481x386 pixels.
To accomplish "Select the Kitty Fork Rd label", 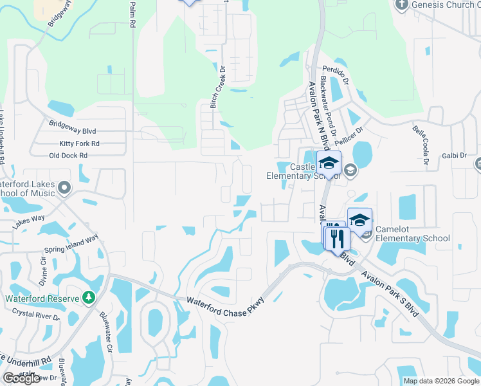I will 79,143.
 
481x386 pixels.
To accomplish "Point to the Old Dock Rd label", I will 68,156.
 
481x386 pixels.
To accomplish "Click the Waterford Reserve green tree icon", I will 89,298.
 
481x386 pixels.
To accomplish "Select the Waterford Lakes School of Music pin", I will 64,188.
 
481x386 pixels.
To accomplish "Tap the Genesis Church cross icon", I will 402,5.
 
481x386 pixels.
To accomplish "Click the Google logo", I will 21,378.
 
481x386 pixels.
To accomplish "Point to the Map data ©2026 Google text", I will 441,381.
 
